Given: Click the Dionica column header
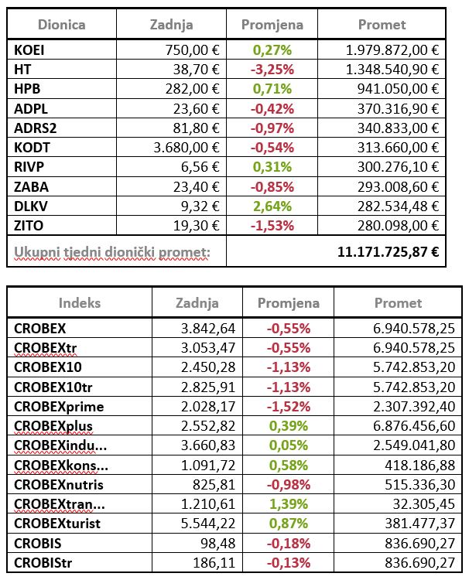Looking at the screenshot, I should pyautogui.click(x=61, y=25).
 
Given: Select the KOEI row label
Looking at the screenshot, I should pyautogui.click(x=29, y=50).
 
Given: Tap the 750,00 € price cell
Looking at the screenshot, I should pyautogui.click(x=193, y=50).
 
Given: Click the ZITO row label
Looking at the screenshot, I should pyautogui.click(x=29, y=225).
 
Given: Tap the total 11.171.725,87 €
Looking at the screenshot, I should pyautogui.click(x=388, y=251).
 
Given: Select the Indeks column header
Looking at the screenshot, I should pyautogui.click(x=78, y=303).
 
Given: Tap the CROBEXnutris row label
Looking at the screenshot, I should pyautogui.click(x=59, y=485).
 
